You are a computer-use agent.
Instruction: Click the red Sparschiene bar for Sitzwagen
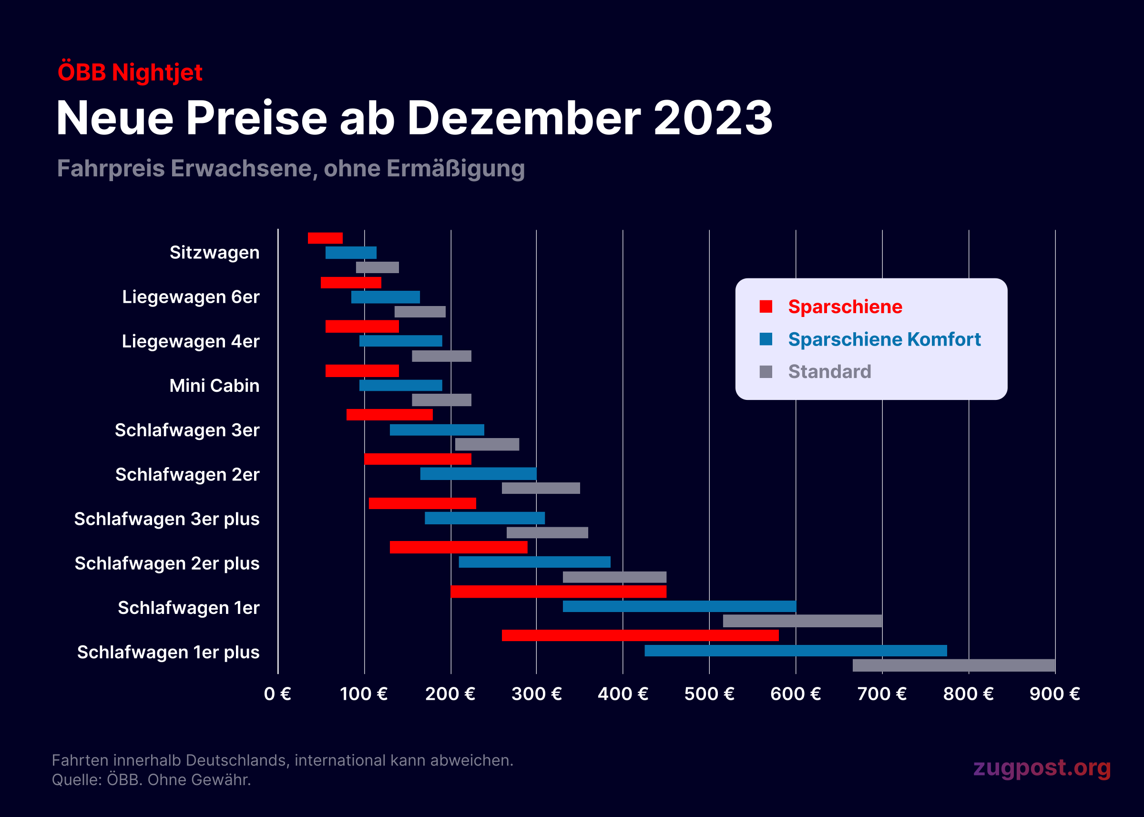click(x=325, y=238)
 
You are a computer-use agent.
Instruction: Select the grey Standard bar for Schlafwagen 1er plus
click(x=953, y=665)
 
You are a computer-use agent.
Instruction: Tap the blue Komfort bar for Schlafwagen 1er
click(x=679, y=606)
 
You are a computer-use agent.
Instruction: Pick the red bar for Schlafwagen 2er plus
click(x=458, y=547)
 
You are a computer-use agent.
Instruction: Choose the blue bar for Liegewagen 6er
click(x=385, y=297)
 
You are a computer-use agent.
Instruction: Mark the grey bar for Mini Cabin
click(x=441, y=400)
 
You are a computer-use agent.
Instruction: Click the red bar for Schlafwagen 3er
click(x=389, y=415)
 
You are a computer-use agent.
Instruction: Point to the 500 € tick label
click(x=709, y=694)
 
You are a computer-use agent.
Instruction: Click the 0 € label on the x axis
click(x=278, y=694)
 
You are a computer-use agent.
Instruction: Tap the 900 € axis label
click(x=1054, y=694)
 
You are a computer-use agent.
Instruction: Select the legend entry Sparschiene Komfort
click(x=884, y=339)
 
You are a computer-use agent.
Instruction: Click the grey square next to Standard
click(x=765, y=372)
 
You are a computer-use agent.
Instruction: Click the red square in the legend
click(x=765, y=306)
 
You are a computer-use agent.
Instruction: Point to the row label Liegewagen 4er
click(x=190, y=341)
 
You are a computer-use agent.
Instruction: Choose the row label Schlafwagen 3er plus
click(x=166, y=519)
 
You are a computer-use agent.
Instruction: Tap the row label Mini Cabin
click(x=214, y=385)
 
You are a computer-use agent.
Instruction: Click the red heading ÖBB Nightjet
click(x=130, y=72)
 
